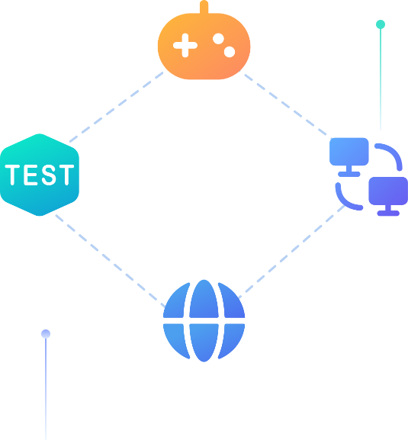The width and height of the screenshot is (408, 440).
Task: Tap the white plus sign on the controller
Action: point(185,46)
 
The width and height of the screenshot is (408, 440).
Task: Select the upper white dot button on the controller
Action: point(218,39)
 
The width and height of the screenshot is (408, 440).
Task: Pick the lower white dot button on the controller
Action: point(230,52)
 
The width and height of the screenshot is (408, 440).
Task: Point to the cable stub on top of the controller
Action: point(204,7)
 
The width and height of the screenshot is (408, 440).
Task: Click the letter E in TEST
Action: point(31,175)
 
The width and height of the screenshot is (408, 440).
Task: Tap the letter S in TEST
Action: point(49,175)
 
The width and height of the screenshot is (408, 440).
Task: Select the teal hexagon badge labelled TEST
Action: point(40,175)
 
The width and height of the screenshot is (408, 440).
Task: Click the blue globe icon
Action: point(204,321)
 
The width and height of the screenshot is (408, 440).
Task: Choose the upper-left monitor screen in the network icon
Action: point(349,152)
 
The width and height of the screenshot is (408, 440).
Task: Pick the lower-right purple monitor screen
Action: point(388,191)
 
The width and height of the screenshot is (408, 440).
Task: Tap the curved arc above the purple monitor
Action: point(394,153)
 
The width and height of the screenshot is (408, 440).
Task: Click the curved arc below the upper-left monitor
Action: point(344,201)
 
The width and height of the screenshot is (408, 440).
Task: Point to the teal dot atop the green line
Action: point(381,24)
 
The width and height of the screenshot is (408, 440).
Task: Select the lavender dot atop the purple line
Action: point(46,334)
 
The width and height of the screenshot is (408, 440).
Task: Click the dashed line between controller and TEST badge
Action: point(116,108)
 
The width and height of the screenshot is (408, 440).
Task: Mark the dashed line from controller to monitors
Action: point(286,104)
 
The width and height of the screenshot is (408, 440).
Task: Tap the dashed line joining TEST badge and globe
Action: point(111,262)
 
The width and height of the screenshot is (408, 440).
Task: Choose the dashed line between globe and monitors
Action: point(291,252)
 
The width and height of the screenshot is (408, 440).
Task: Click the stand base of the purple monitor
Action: point(388,214)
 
